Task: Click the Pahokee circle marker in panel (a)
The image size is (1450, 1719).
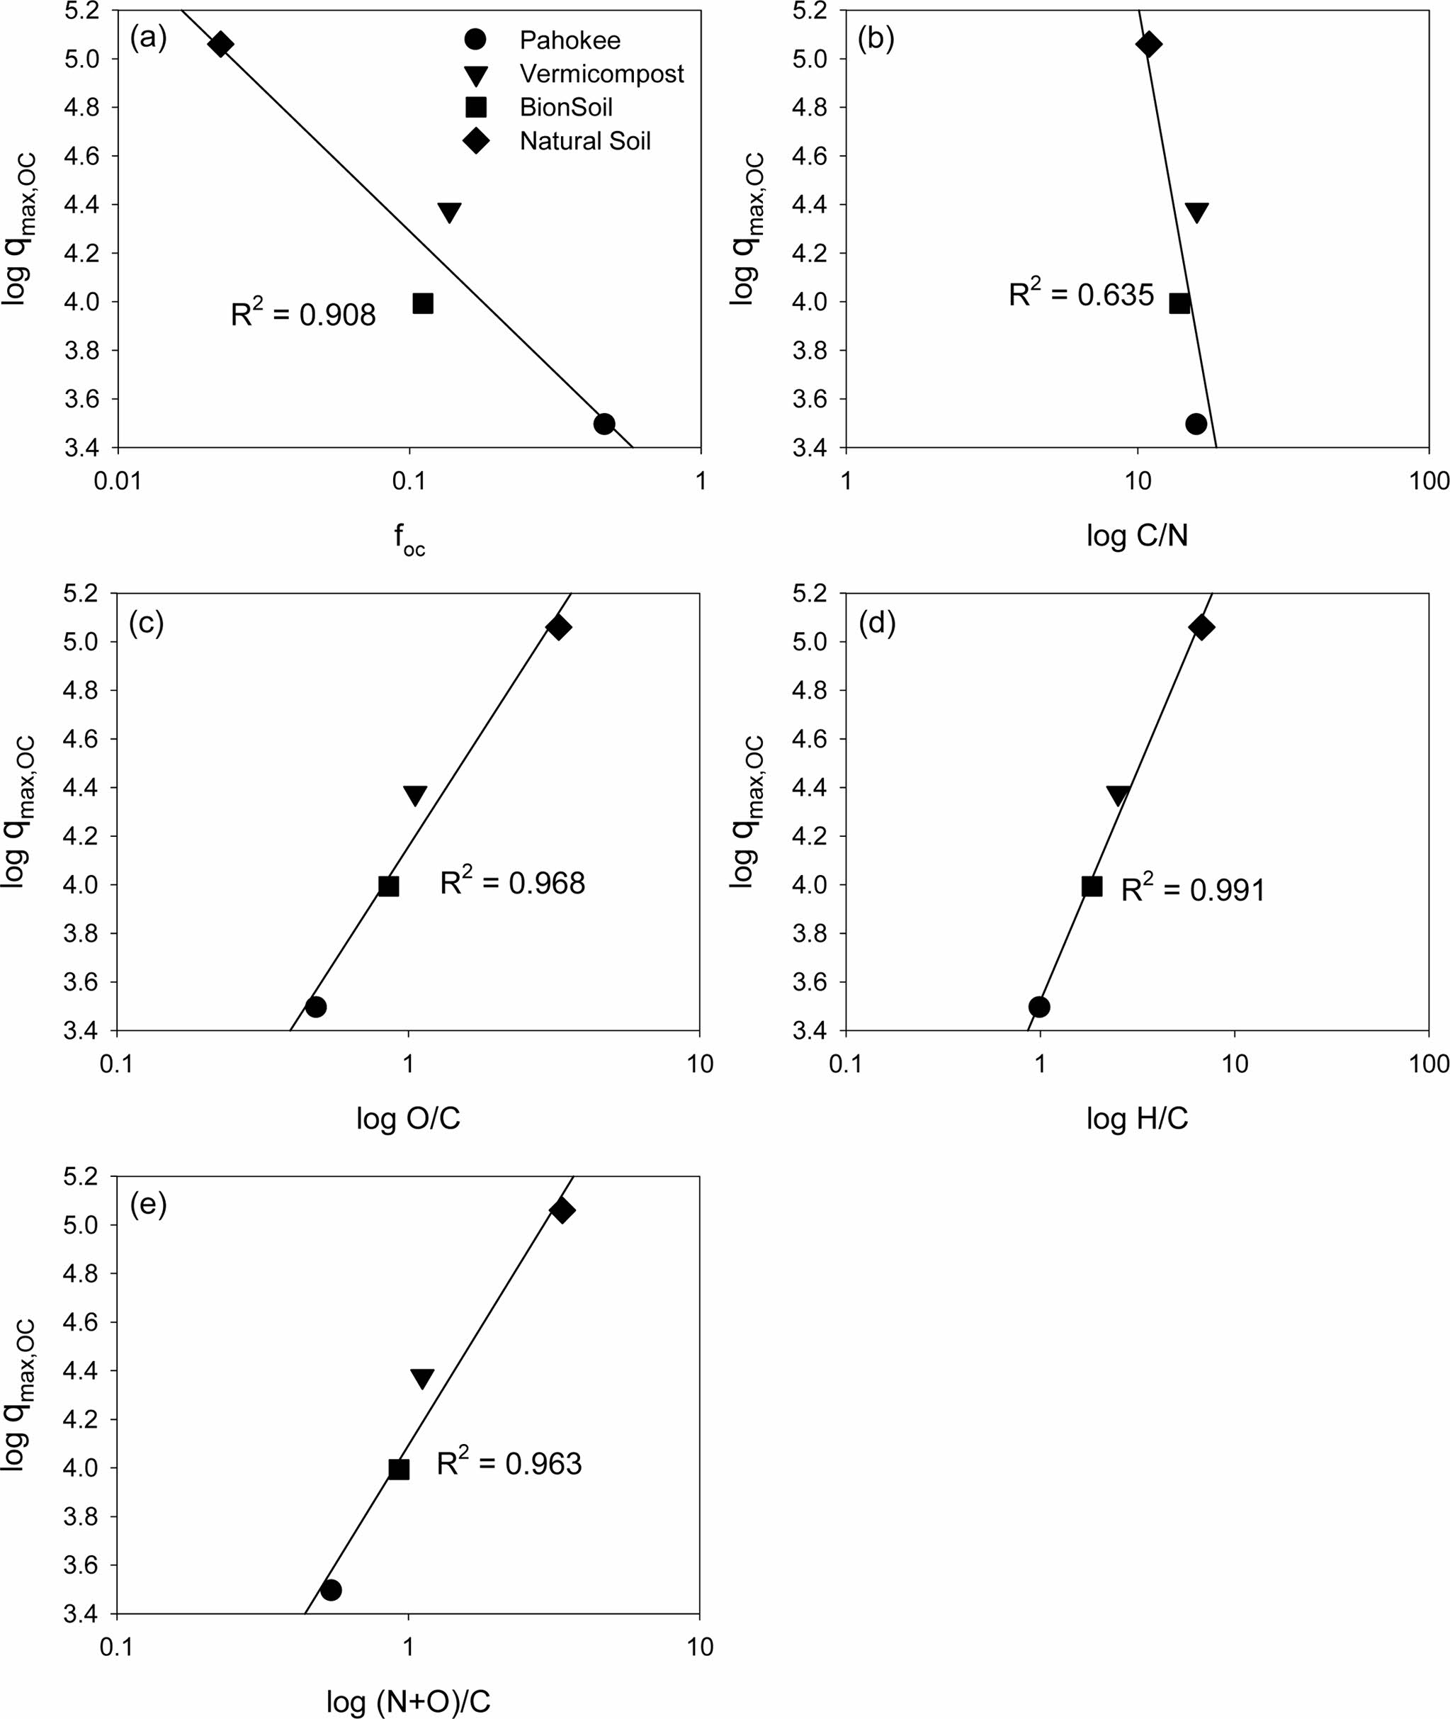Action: tap(604, 424)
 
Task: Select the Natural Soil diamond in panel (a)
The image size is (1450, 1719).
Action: tap(220, 45)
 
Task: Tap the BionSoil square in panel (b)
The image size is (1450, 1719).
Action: tap(1179, 303)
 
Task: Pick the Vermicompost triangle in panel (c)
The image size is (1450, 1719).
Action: tap(415, 795)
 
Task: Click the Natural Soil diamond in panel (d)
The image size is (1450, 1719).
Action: tap(1201, 628)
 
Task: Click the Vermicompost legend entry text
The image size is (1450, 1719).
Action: tap(601, 74)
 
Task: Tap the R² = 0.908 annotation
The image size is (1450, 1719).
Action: tap(302, 313)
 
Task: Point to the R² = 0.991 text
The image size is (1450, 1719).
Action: tap(1193, 889)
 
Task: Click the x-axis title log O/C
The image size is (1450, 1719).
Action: tap(408, 1118)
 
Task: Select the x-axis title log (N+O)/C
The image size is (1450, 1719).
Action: tap(408, 1701)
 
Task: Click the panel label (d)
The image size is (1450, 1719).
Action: tap(876, 624)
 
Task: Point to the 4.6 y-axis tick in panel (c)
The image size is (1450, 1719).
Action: tap(81, 739)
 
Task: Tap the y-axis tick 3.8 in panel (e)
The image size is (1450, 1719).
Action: tap(81, 1517)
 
